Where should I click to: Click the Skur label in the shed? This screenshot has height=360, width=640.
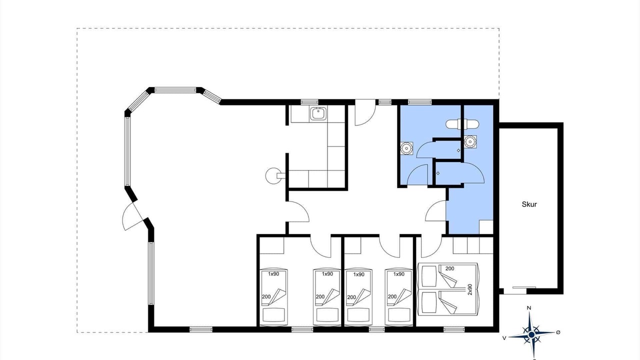tap(529, 204)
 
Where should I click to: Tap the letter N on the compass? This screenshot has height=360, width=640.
tap(529, 308)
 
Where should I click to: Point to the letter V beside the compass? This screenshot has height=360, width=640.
tap(504, 338)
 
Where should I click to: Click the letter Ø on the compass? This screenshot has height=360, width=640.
tap(558, 332)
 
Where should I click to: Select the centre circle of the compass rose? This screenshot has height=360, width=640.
tap(531, 334)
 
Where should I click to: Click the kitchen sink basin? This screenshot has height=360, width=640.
tap(317, 113)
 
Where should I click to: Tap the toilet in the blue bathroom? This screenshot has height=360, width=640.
tap(457, 124)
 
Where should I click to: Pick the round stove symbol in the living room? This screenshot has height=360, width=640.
tap(273, 175)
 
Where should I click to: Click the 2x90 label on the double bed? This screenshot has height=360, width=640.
tap(470, 289)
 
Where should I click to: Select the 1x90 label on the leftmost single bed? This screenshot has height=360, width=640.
tap(273, 274)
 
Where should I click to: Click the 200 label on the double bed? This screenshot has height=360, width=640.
tap(449, 268)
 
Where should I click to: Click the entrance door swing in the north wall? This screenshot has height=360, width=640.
tap(365, 112)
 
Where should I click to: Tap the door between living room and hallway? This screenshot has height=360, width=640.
tap(298, 211)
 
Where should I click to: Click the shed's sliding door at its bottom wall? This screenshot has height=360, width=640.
tap(524, 287)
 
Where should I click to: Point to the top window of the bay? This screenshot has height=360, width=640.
tap(175, 90)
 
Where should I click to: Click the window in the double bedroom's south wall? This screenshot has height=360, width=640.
tap(454, 329)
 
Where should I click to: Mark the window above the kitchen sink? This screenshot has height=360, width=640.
tap(309, 102)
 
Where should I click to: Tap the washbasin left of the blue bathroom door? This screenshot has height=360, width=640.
tap(406, 148)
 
